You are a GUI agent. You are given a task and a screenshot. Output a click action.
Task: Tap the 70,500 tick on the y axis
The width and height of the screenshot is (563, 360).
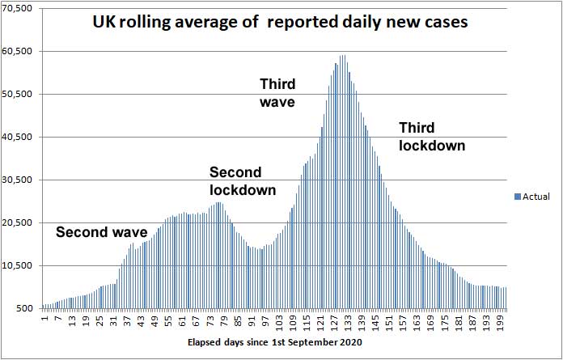coord(17,8)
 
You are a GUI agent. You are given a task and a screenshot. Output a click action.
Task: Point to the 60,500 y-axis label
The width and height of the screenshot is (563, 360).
coord(17,51)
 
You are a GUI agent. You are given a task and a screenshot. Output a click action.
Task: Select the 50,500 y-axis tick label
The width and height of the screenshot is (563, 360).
coord(17,94)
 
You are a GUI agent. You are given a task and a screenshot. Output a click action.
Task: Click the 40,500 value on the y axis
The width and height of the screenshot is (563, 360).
coord(17,137)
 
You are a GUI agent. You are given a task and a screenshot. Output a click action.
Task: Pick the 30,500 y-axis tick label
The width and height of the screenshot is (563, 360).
coord(17,180)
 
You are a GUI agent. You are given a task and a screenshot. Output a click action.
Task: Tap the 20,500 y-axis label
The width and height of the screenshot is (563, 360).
coord(17,222)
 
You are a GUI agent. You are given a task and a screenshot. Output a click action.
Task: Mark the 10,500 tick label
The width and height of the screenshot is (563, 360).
coord(17,265)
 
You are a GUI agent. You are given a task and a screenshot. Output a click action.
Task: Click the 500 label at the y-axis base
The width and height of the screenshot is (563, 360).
coord(24,308)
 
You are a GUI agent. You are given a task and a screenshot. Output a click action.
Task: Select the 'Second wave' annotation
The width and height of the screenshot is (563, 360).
coord(101,233)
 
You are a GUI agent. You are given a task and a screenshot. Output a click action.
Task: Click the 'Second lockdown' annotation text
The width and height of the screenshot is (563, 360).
coord(242,181)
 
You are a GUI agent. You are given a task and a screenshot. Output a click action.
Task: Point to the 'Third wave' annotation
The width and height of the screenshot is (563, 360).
coord(277,93)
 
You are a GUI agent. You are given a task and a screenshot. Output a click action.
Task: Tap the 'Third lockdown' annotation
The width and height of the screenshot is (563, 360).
coord(432,137)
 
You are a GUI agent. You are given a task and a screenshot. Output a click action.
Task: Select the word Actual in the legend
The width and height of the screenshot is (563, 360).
coord(536,197)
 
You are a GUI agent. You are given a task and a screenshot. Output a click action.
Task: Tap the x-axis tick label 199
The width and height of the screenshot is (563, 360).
coord(501,322)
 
